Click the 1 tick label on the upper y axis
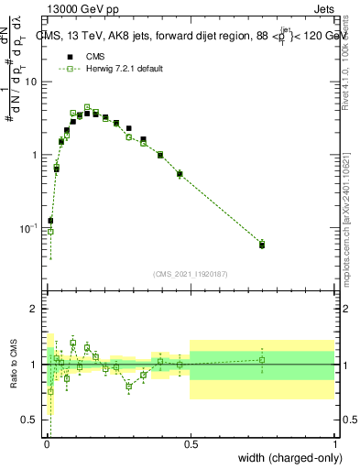click(x=35, y=155)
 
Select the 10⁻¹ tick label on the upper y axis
click(x=30, y=227)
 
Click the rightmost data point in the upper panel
click(x=262, y=245)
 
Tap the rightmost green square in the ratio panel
click(x=262, y=360)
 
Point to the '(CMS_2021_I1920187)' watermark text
click(x=190, y=274)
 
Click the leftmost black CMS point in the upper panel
click(x=50, y=221)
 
